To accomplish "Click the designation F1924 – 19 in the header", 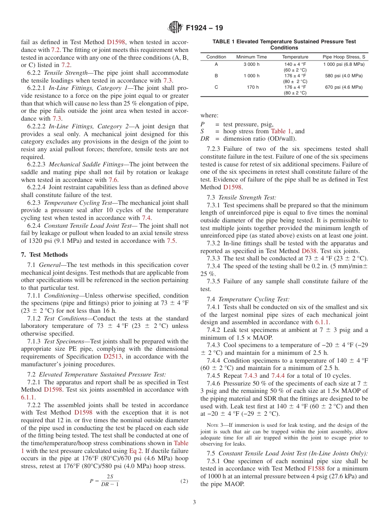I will point(204,28).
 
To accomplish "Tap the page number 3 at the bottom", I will point(194,502).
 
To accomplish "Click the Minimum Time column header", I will point(251,57).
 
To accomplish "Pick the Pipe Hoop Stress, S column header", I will point(343,57).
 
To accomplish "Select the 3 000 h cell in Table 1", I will point(251,65).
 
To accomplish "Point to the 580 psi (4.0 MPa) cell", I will point(343,76).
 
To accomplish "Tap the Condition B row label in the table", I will point(216,76).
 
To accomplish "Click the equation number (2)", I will point(184,481).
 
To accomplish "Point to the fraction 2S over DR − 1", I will point(110,481).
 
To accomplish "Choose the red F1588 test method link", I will point(316,468).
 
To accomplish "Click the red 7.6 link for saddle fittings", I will point(113,180).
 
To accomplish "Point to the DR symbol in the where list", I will point(205,138).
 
